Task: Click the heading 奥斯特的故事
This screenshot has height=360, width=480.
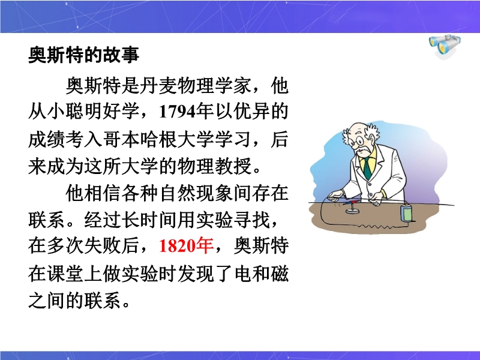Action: pyautogui.click(x=83, y=55)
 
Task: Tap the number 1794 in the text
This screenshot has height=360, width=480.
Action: pyautogui.click(x=177, y=112)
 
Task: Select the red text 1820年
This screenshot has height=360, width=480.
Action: pyautogui.click(x=186, y=246)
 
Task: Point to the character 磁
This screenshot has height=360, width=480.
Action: pyautogui.click(x=279, y=274)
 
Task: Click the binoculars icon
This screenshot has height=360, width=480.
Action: pyautogui.click(x=445, y=47)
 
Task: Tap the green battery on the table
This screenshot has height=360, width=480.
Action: pyautogui.click(x=406, y=212)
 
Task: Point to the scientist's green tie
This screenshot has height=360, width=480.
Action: pyautogui.click(x=367, y=169)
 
